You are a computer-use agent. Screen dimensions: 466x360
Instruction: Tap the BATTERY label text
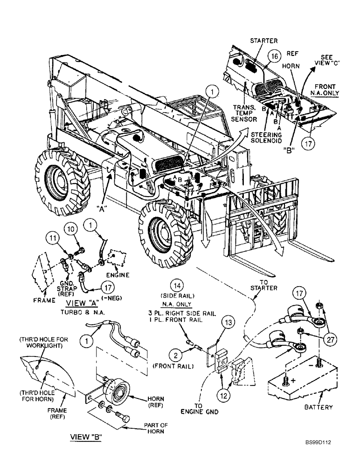click(318, 407)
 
